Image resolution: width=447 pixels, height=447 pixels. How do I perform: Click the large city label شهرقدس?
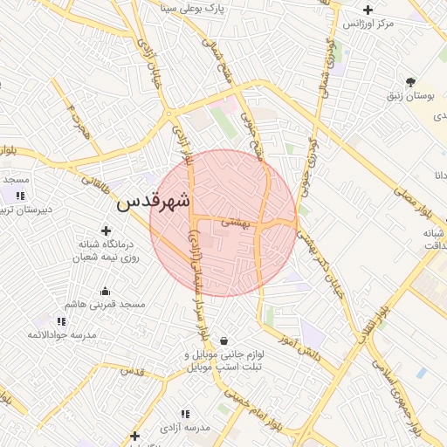pyautogui.click(x=154, y=201)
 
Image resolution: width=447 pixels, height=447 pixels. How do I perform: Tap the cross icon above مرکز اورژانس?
pyautogui.click(x=368, y=10)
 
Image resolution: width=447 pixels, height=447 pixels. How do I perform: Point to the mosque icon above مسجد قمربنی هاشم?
pyautogui.click(x=106, y=291)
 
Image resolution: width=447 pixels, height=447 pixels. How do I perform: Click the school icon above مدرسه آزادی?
pyautogui.click(x=184, y=414)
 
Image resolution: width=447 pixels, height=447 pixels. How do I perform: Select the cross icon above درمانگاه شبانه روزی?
pyautogui.click(x=107, y=231)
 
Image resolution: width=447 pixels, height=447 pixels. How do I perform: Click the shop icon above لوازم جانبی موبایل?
pyautogui.click(x=225, y=340)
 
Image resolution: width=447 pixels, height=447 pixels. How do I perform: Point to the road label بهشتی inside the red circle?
pyautogui.click(x=235, y=223)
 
